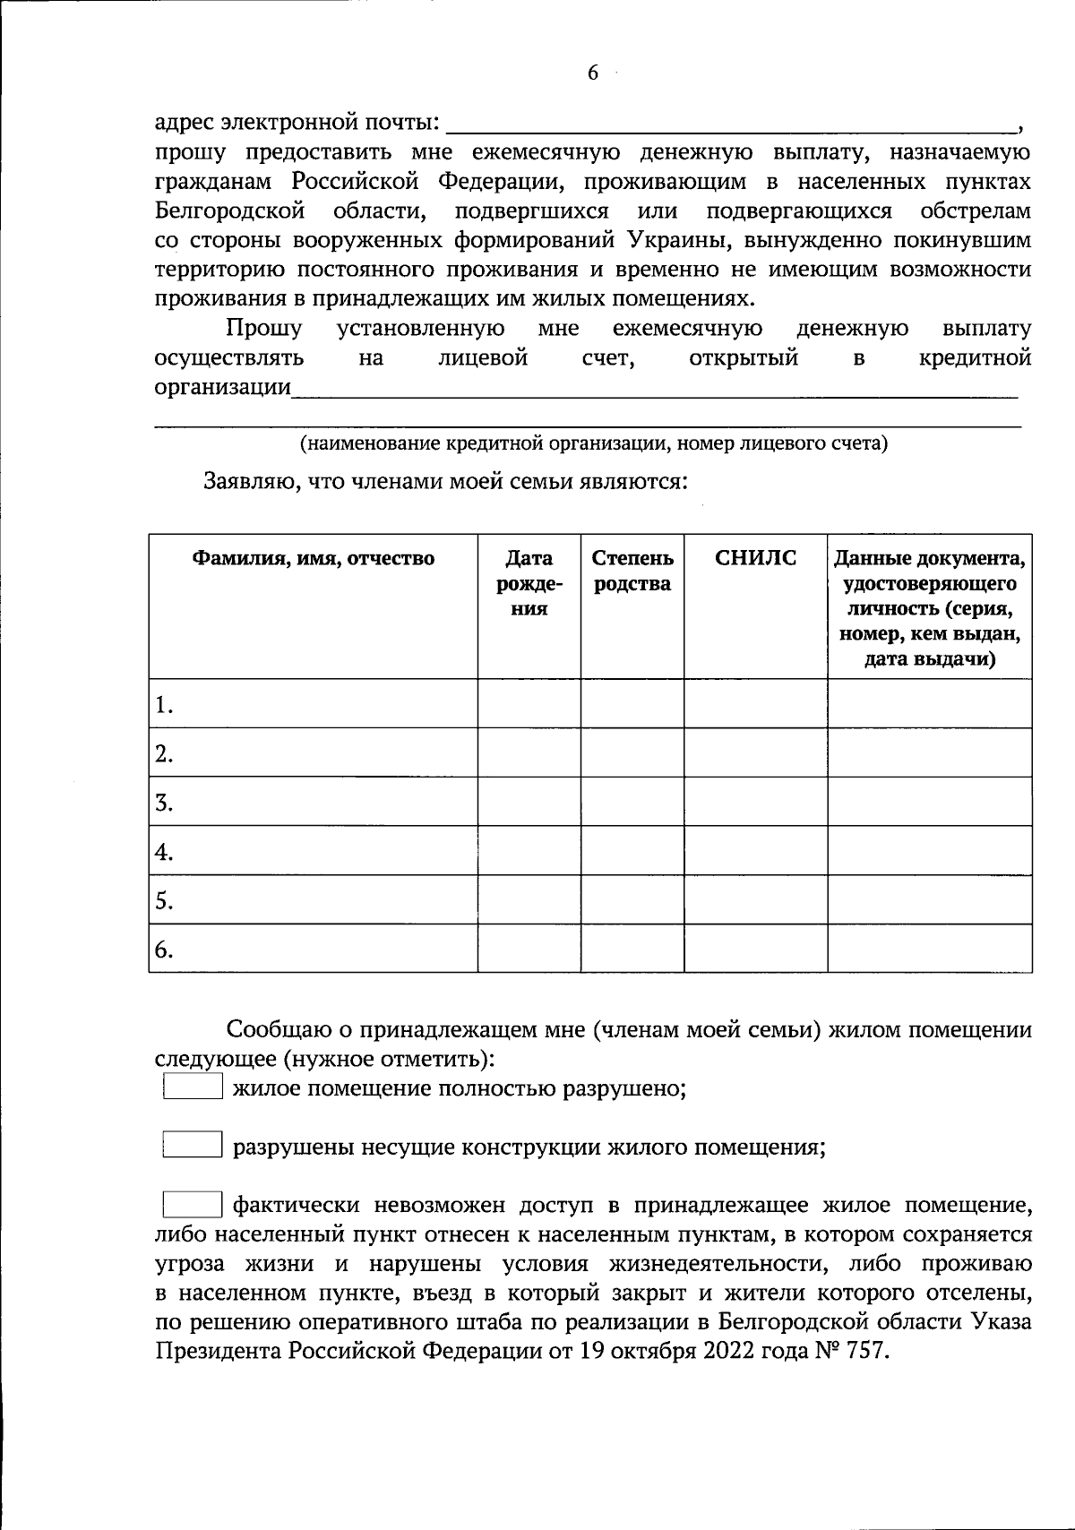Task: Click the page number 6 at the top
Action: coord(592,73)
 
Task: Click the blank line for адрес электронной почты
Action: coord(729,124)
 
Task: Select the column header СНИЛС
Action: coord(755,558)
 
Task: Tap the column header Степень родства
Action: coord(632,572)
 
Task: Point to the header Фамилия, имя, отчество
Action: coord(314,559)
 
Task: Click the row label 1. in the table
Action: coord(163,706)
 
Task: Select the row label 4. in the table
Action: coord(163,851)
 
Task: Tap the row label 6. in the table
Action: coord(163,950)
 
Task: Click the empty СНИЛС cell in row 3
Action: coord(755,802)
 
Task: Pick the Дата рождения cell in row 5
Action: coord(529,899)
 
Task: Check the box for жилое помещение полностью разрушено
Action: coord(192,1087)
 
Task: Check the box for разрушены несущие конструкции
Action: coord(192,1146)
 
